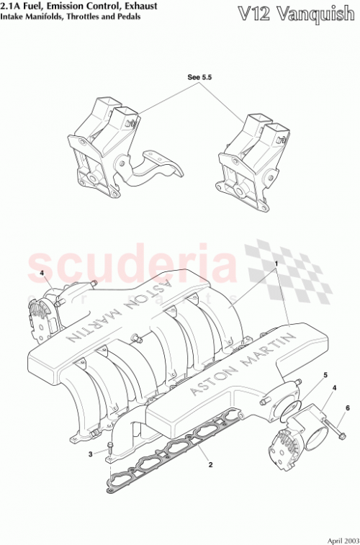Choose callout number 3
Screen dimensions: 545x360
[x=91, y=454]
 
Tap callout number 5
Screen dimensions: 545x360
[x=325, y=375]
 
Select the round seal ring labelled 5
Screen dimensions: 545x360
[x=289, y=410]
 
